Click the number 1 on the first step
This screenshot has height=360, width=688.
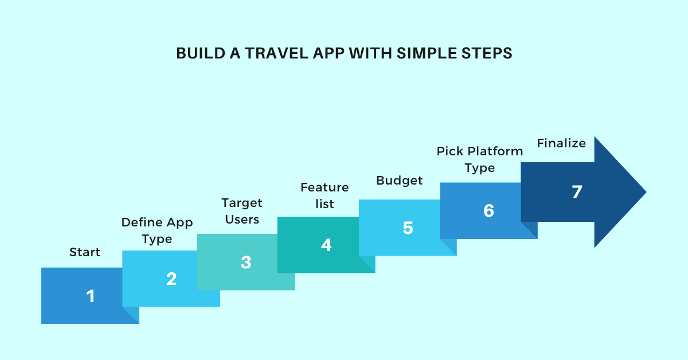click(91, 296)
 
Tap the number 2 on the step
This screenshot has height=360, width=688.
click(171, 279)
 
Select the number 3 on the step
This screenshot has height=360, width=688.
click(246, 263)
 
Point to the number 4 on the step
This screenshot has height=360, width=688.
click(326, 245)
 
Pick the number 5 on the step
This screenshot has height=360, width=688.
click(408, 228)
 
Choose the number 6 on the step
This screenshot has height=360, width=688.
click(488, 211)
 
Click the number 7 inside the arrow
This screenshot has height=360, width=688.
click(577, 192)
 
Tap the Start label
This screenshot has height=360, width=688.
click(85, 252)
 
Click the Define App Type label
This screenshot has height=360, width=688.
click(157, 230)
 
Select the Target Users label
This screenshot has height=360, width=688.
click(242, 211)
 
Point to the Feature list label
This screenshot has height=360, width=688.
click(325, 195)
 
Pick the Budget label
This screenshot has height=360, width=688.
click(400, 181)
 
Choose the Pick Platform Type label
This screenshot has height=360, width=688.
click(480, 160)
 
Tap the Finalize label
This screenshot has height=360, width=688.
click(561, 143)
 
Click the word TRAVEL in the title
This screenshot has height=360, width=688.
click(276, 53)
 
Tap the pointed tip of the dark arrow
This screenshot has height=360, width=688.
click(646, 192)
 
